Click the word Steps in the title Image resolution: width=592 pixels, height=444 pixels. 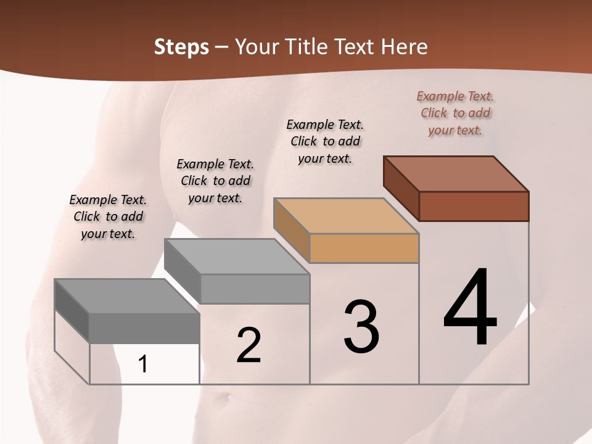click(181, 47)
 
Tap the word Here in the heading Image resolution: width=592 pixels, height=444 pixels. click(404, 47)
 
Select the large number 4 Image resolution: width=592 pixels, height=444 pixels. click(471, 308)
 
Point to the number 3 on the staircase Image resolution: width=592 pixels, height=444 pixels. click(361, 327)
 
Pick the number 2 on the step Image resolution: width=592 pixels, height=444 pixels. click(249, 345)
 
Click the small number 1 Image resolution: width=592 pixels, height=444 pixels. click(143, 364)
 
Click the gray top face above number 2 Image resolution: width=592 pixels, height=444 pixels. click(237, 257)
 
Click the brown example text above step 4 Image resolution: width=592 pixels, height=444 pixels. click(455, 113)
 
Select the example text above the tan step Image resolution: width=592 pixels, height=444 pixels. click(325, 141)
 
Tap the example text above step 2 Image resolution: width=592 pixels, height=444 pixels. click(215, 181)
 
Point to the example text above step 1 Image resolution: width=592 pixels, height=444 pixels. click(108, 216)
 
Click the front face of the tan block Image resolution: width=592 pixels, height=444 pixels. click(364, 249)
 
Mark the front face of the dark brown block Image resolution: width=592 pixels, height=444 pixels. click(474, 206)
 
